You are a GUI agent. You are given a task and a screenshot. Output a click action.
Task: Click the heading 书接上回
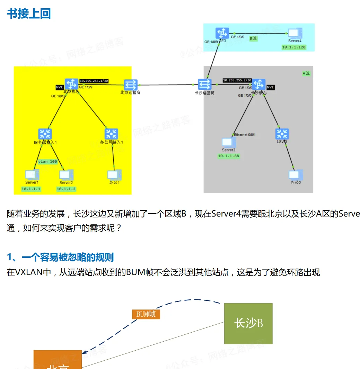pos(29,14)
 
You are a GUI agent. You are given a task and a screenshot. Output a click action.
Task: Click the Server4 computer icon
pos(295,33)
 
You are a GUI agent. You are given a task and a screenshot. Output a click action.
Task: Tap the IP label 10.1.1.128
pos(294,47)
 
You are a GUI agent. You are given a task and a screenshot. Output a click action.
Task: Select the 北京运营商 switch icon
pos(131,84)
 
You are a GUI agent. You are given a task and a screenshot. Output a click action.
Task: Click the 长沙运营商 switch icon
pos(204,84)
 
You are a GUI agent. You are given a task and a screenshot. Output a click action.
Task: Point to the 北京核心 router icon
pos(72,84)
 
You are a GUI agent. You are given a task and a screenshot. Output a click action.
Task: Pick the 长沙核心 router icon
pos(258,84)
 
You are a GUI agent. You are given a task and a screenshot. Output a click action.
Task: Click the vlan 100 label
pos(47,161)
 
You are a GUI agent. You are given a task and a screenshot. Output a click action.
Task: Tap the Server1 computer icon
pos(32,174)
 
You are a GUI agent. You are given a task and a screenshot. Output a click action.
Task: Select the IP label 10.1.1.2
pos(66,189)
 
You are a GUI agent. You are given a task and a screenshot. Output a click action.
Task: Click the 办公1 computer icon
pos(114,174)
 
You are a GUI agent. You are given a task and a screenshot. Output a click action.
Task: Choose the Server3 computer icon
pos(228,142)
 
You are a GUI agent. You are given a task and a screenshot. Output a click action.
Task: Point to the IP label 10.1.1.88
pos(228,156)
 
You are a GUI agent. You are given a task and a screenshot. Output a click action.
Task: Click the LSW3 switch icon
pos(282,134)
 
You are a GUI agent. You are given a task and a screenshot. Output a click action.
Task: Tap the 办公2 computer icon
pos(296,175)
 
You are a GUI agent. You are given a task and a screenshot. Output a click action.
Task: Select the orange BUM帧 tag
pos(146,314)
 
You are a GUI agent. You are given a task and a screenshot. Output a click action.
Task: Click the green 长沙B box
pos(248,323)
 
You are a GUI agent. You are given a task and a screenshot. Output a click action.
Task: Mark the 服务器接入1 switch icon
pos(45,134)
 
